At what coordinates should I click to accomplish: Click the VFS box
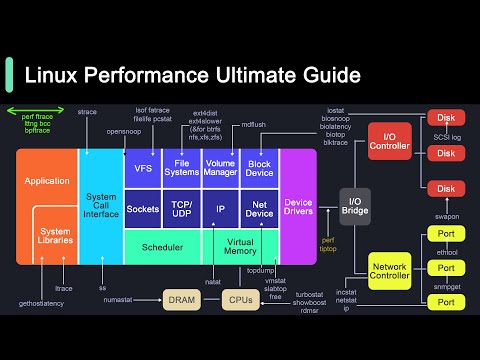pyautogui.click(x=143, y=169)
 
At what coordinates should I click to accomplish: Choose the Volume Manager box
pyautogui.click(x=220, y=169)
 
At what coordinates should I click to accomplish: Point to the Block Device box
pyautogui.click(x=259, y=169)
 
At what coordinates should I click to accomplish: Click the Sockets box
pyautogui.click(x=143, y=210)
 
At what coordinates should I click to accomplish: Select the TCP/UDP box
pyautogui.click(x=182, y=210)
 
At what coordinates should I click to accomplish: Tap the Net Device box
pyautogui.click(x=259, y=210)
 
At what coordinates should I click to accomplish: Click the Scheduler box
pyautogui.click(x=162, y=246)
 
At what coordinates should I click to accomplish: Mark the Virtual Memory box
pyautogui.click(x=240, y=246)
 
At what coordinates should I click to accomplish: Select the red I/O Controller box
pyautogui.click(x=389, y=140)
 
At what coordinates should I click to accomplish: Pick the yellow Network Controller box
pyautogui.click(x=390, y=270)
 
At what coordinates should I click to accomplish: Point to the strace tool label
pyautogui.click(x=87, y=112)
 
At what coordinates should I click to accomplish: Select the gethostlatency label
pyautogui.click(x=40, y=303)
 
